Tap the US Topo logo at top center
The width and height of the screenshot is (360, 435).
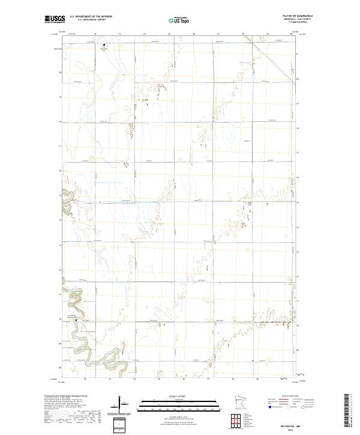click(180, 20)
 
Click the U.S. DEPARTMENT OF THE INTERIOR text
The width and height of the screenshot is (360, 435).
click(91, 17)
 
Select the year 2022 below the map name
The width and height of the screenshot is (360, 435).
click(290, 427)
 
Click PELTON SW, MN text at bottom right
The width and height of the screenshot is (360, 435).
click(290, 423)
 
